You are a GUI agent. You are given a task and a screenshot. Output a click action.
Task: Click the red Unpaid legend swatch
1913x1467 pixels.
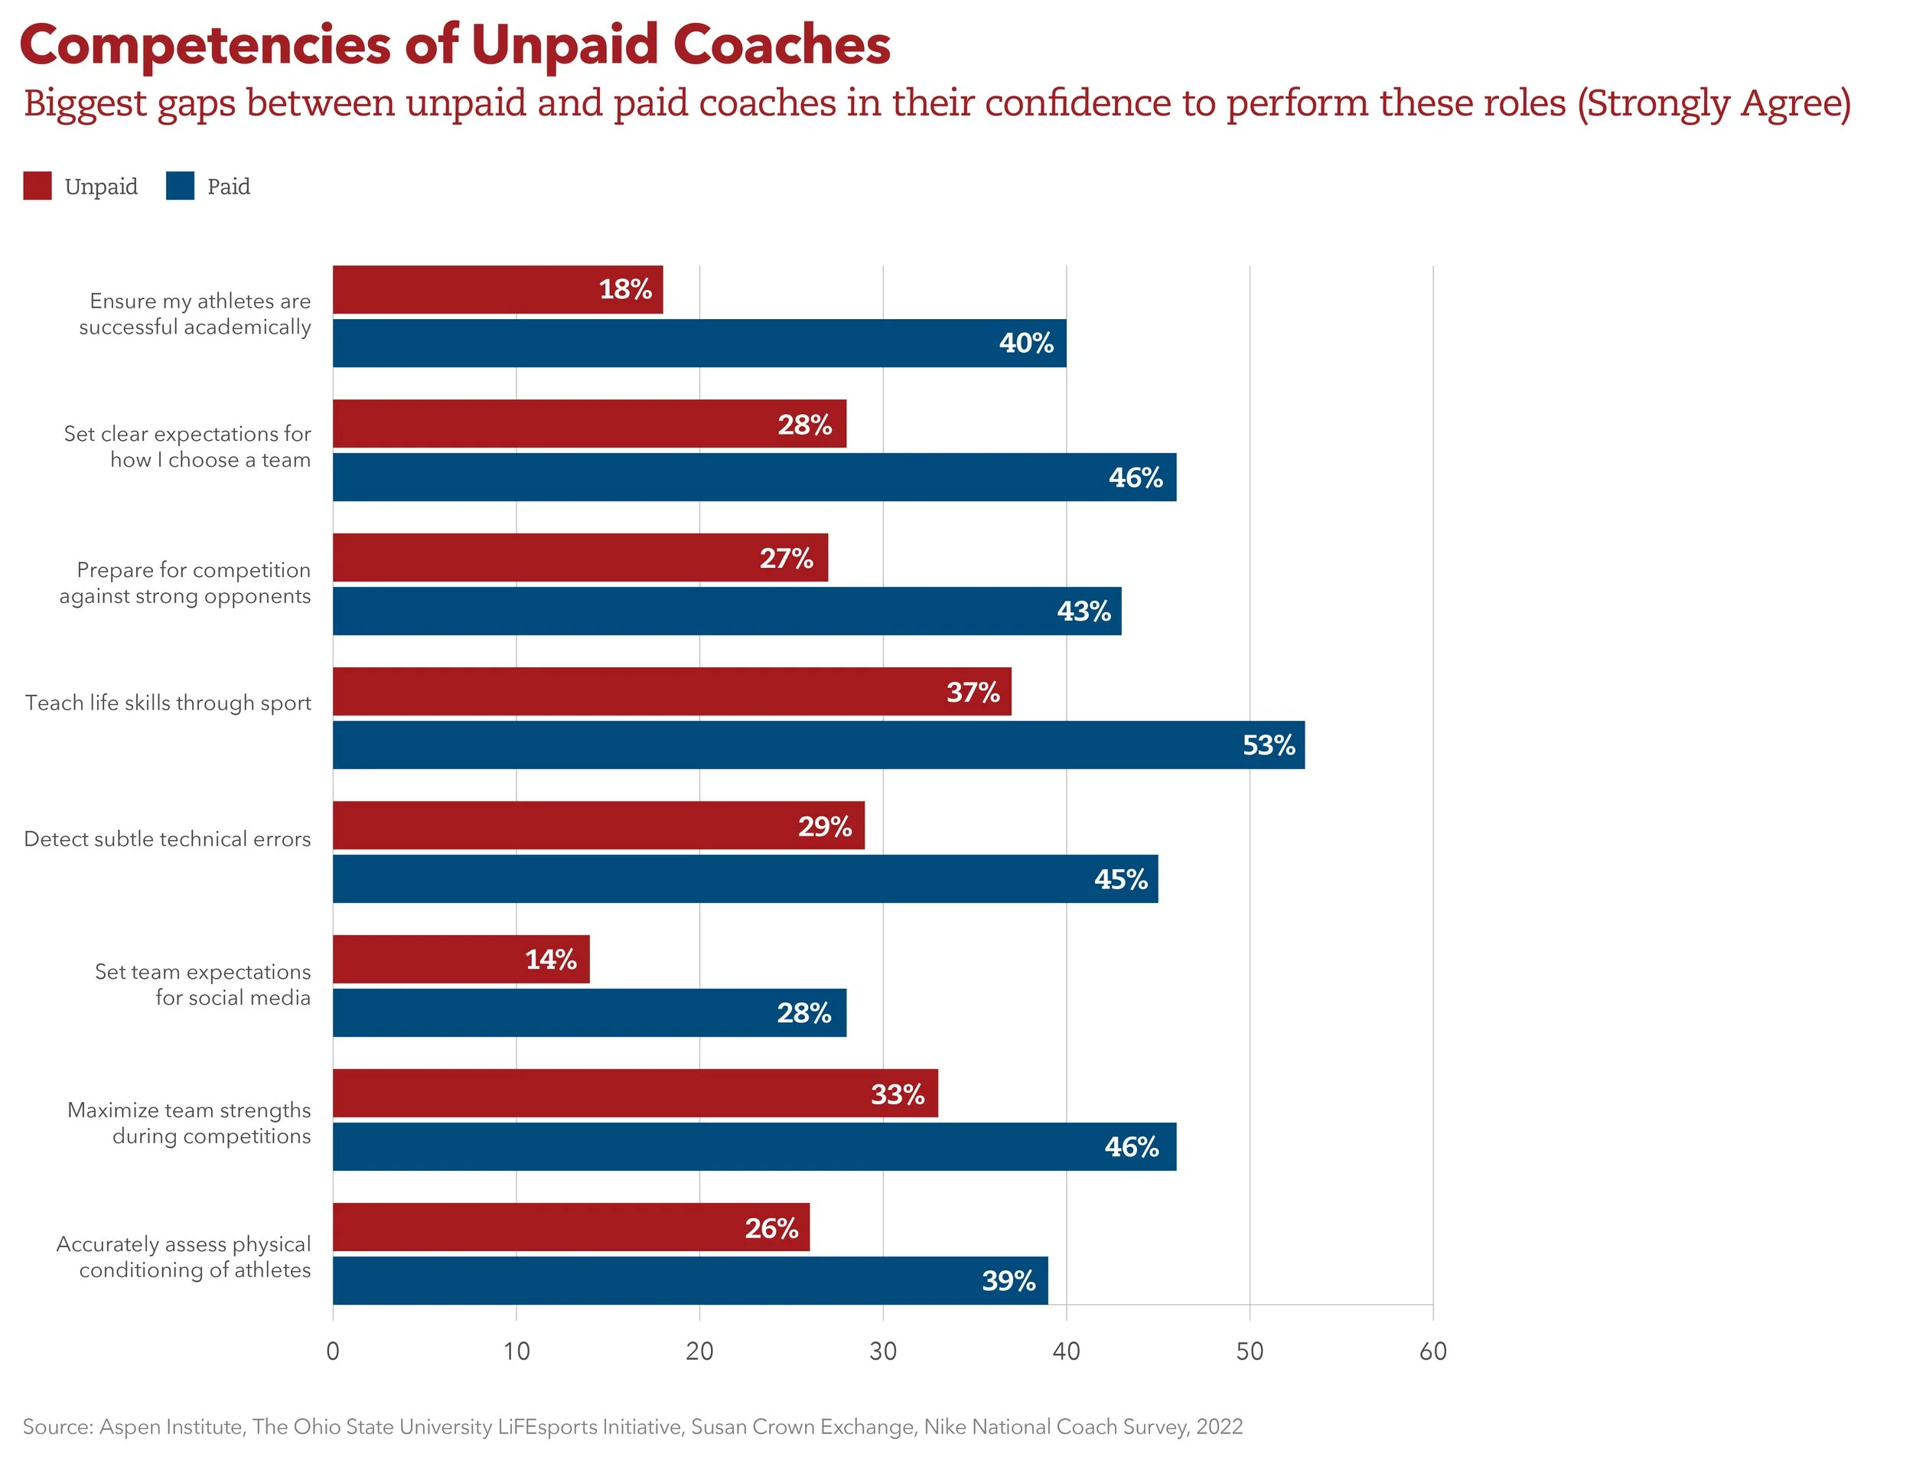(x=37, y=186)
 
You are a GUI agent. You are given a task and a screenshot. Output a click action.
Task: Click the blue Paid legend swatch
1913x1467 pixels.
(x=180, y=186)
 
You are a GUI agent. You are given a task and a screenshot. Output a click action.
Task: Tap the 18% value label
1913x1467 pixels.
(x=625, y=289)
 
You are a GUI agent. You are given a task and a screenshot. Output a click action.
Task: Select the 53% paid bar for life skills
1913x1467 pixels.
(x=817, y=745)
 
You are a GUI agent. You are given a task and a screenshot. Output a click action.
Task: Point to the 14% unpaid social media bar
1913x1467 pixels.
(x=460, y=960)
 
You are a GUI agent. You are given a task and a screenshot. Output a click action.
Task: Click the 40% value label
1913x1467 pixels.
(x=1026, y=343)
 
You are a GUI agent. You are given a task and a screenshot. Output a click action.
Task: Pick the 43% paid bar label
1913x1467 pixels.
(x=1084, y=611)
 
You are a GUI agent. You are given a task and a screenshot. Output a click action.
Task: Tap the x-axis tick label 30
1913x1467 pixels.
(x=883, y=1351)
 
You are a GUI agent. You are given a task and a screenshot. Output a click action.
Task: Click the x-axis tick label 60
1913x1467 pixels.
(x=1432, y=1351)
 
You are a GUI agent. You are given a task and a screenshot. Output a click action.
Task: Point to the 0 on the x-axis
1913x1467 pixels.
(x=333, y=1351)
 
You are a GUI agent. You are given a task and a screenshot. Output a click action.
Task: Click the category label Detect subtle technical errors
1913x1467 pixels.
(x=167, y=839)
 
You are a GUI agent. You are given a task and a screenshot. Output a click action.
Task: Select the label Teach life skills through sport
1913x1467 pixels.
(x=168, y=703)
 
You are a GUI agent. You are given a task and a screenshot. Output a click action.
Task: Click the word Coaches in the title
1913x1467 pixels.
(x=781, y=45)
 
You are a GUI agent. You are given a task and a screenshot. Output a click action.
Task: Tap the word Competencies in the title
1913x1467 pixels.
(x=205, y=45)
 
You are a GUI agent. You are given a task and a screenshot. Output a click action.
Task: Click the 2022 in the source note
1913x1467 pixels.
(x=1219, y=1427)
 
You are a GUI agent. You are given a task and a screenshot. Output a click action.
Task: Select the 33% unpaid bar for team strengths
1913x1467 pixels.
(x=635, y=1094)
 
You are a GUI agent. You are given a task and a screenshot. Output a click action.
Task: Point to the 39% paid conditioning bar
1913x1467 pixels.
(x=689, y=1281)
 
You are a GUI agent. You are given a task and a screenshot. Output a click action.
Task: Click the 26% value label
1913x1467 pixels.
(x=771, y=1228)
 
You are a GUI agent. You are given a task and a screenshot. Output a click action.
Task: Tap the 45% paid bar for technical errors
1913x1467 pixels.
(x=744, y=879)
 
